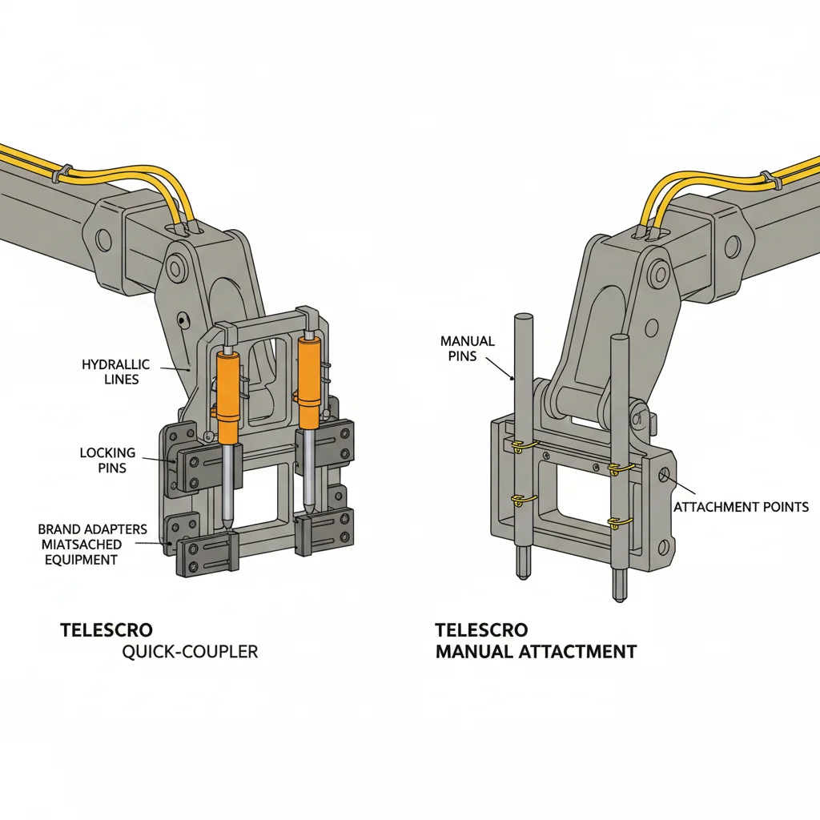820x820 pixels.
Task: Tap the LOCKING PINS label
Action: point(107,460)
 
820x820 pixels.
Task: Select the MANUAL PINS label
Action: point(468,348)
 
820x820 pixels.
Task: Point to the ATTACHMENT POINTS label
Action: point(741,507)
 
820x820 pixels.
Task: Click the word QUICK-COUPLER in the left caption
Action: point(190,652)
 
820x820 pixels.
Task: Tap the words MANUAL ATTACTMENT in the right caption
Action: point(536,652)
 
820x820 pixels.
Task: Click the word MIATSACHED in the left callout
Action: point(79,545)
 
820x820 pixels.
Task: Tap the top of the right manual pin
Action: point(617,338)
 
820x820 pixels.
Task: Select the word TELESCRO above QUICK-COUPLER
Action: point(106,630)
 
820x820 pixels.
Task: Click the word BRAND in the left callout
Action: point(59,529)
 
